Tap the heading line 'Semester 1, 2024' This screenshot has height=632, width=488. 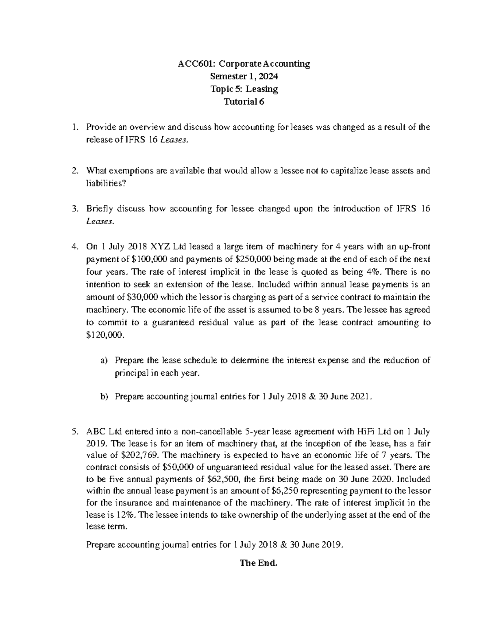(244, 76)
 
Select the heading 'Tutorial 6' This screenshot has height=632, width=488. (244, 102)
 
